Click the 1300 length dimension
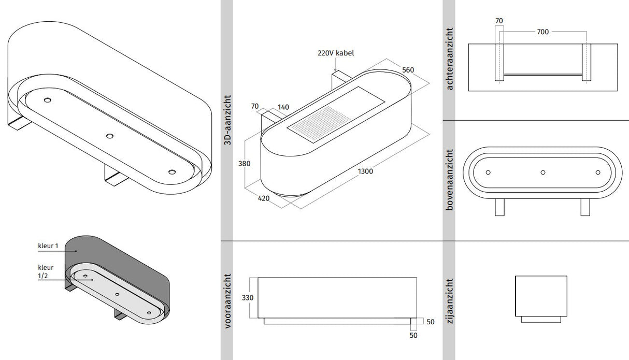pos(365,171)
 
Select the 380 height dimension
pos(245,164)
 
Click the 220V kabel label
pos(336,53)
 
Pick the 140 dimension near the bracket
pos(283,107)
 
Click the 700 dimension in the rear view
pos(542,32)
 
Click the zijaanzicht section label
pos(449,301)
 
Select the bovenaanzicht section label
pos(449,179)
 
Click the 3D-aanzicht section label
pos(226,120)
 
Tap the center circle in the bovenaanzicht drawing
pos(543,172)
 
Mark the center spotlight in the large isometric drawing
pos(110,136)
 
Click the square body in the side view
pos(541,295)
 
